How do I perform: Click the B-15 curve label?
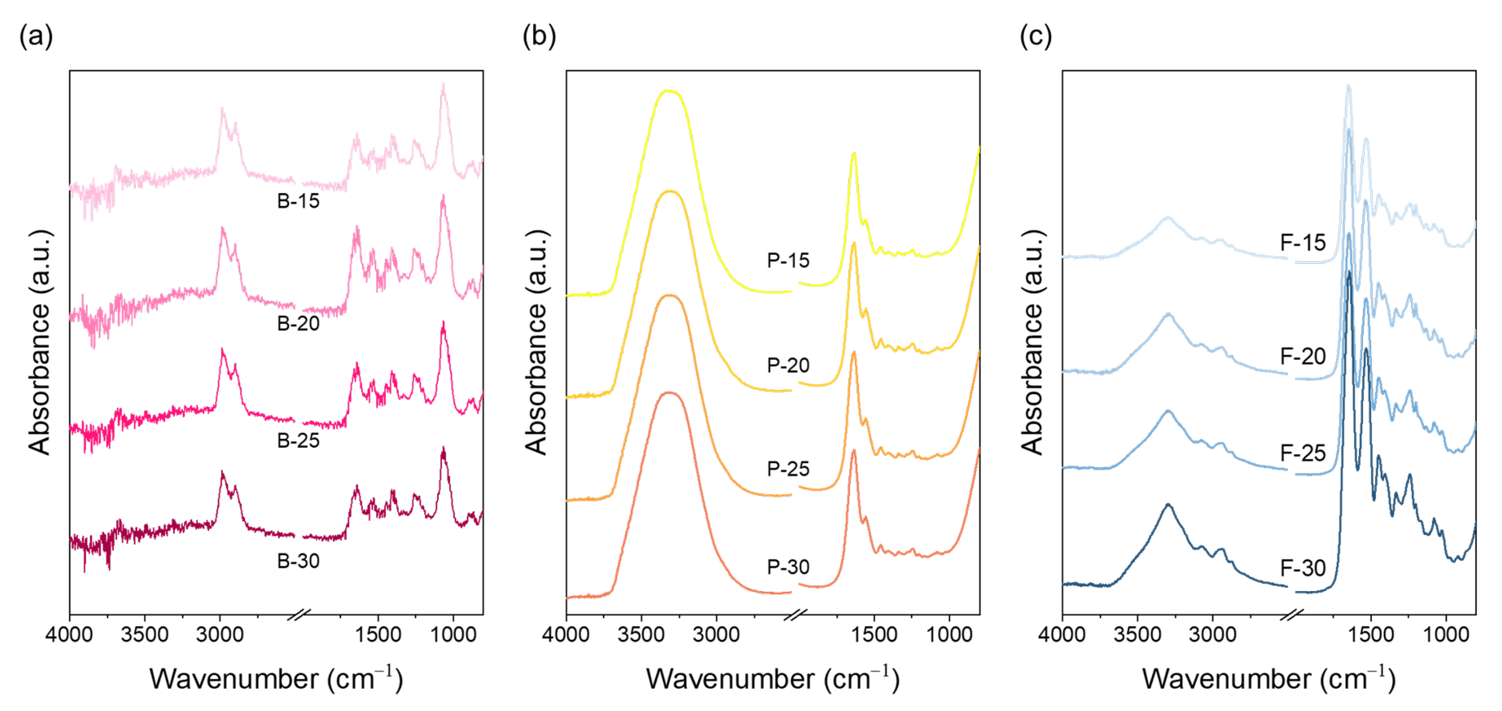click(x=298, y=201)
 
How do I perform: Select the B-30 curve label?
click(x=298, y=561)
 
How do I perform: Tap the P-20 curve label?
click(x=788, y=366)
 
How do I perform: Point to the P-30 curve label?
click(x=788, y=567)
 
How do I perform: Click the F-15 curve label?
click(x=1302, y=243)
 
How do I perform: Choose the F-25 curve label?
click(x=1302, y=453)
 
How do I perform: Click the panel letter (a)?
click(x=36, y=36)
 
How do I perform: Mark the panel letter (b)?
click(x=539, y=36)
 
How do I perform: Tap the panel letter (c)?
click(x=1036, y=36)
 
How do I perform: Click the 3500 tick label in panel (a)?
click(x=144, y=635)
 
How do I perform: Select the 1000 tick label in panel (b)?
click(x=949, y=635)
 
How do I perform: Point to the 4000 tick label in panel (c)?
click(x=1062, y=635)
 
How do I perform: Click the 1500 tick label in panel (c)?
click(x=1371, y=635)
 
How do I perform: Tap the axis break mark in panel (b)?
click(x=795, y=615)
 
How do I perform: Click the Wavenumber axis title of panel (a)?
click(x=276, y=679)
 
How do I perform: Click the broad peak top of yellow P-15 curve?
click(x=670, y=91)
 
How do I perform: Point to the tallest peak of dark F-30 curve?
click(x=1348, y=272)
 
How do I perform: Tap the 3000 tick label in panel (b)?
click(x=716, y=635)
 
